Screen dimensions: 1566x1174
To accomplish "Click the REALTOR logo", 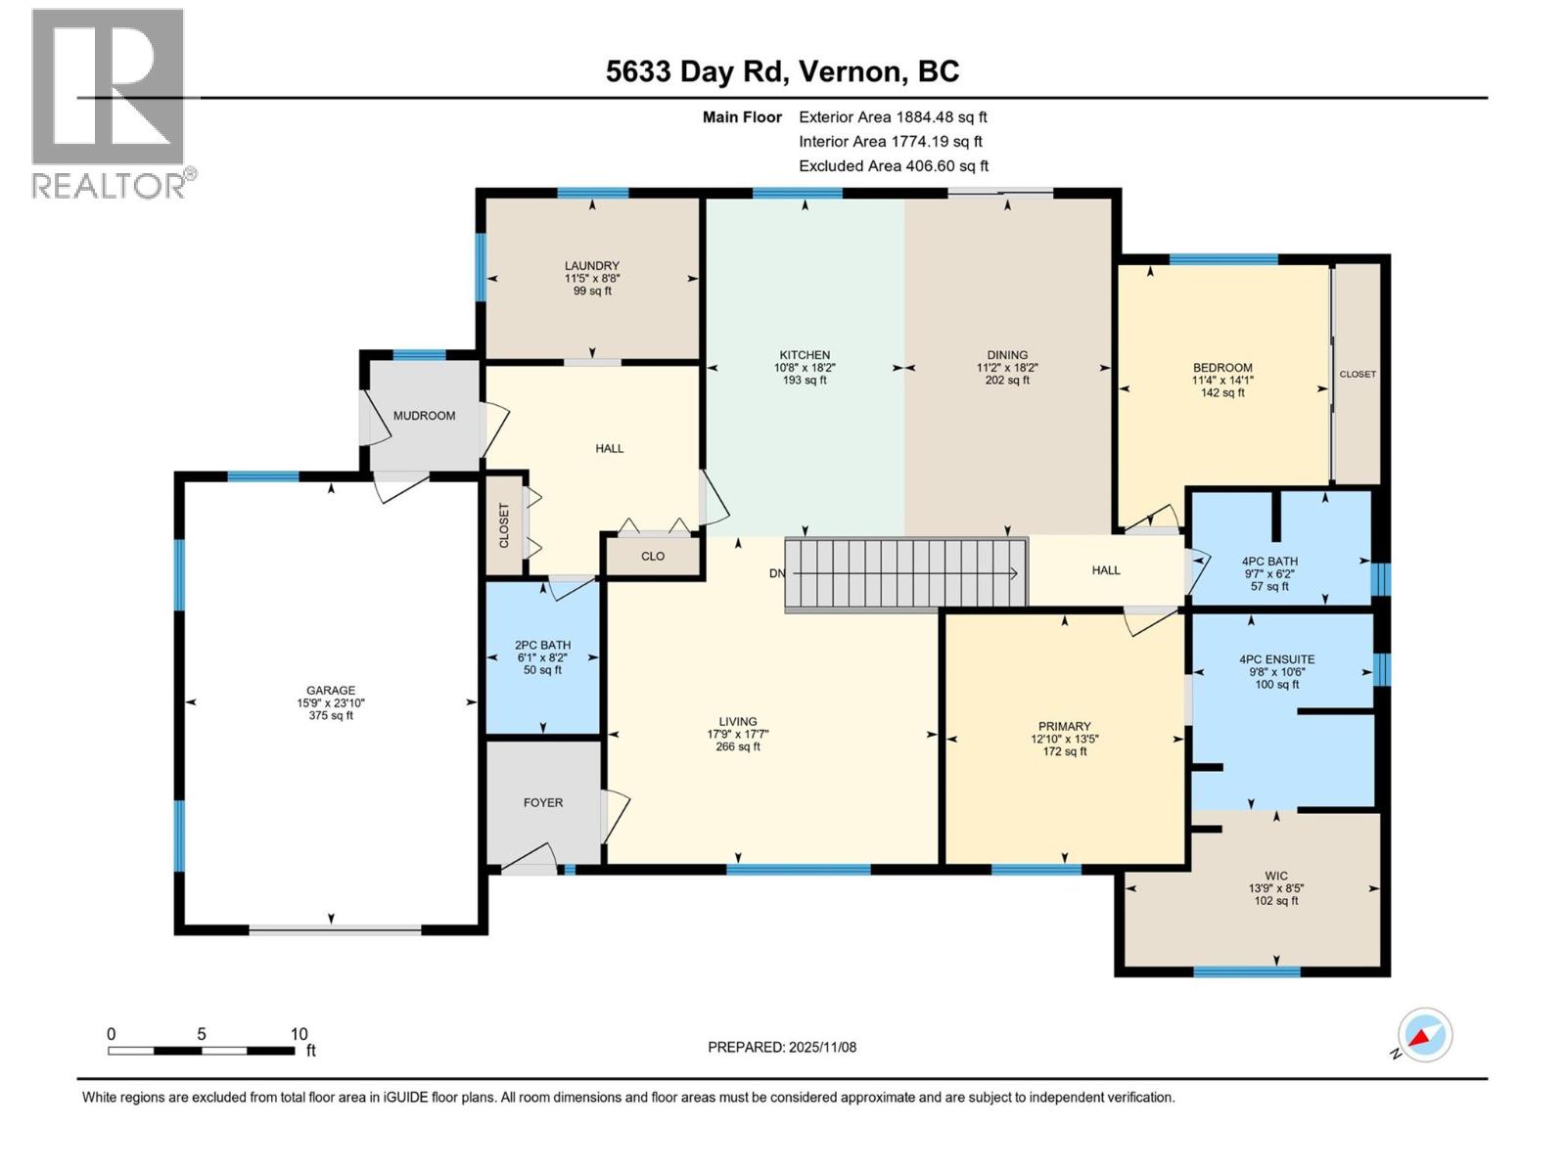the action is (114, 104).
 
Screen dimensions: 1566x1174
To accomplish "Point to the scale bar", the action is (202, 1050).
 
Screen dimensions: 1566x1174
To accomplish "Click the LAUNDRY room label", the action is (591, 266).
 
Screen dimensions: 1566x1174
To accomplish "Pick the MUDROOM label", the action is (424, 416).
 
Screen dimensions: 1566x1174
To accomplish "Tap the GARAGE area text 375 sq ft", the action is (330, 716).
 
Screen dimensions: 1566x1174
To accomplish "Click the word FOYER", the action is (543, 802).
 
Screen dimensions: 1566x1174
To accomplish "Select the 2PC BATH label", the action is (542, 645).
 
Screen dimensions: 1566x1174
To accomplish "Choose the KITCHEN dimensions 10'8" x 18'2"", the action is (805, 368).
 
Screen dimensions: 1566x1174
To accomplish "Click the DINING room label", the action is (1007, 355).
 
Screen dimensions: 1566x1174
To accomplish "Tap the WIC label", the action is (1276, 876).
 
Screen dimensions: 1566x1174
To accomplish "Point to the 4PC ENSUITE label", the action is (1277, 659).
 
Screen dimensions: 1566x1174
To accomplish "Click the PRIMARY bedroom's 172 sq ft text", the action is (1065, 751).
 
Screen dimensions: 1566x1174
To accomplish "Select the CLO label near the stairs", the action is (653, 556).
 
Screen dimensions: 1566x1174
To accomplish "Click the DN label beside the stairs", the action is (777, 573).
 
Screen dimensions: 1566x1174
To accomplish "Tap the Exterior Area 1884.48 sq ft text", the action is (894, 116).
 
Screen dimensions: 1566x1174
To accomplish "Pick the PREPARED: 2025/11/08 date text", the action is (782, 1047).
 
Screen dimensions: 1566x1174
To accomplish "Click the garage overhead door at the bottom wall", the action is (335, 928).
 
